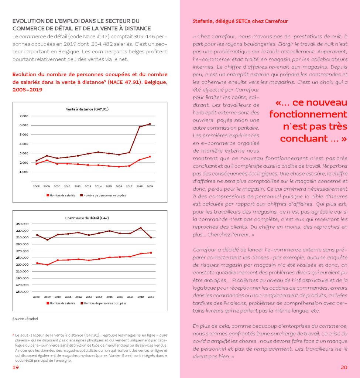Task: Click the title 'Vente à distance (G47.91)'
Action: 87,109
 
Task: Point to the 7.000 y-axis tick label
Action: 23,116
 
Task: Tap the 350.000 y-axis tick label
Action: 22,224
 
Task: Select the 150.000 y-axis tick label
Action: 22,292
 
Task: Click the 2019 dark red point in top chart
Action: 150,124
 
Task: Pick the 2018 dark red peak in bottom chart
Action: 140,228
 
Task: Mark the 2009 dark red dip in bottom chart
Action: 47,240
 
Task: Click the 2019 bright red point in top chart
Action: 150,157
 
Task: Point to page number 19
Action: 16,367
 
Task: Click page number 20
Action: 344,367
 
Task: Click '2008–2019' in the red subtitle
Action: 27,90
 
